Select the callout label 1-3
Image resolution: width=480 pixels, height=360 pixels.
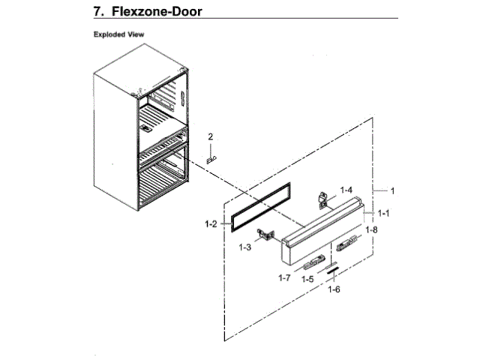tap(245, 246)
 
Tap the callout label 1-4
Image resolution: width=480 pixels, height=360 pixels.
tap(346, 190)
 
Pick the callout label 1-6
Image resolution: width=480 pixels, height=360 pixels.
tap(334, 289)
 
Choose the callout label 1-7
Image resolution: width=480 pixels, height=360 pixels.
tap(283, 278)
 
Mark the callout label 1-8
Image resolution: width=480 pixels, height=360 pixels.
tap(371, 229)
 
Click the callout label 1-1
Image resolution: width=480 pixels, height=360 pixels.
tap(383, 213)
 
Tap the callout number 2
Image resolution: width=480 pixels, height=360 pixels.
tap(211, 136)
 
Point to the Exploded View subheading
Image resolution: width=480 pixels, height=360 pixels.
tap(118, 34)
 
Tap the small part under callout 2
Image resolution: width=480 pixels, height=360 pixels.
tap(211, 159)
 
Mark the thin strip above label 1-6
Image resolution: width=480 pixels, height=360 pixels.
tap(331, 270)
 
